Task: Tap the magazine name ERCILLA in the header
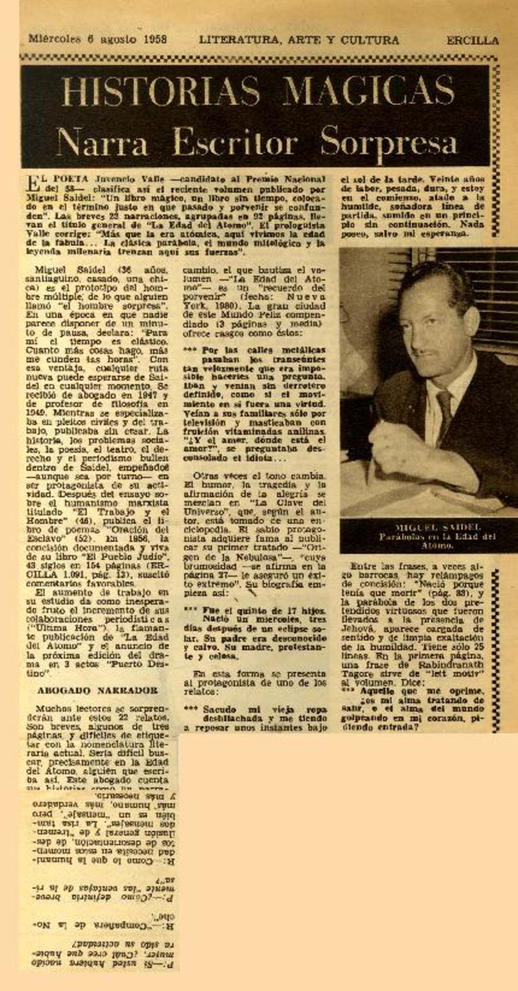[x=472, y=40]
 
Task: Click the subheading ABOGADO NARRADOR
[x=97, y=690]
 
